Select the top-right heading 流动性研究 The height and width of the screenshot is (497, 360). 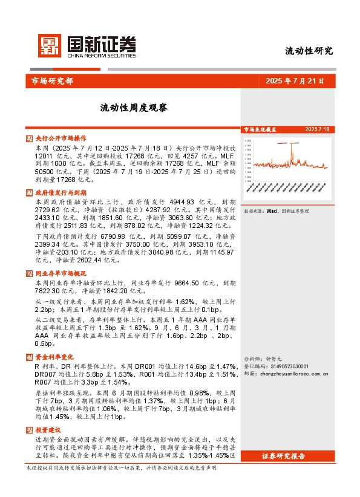pos(309,51)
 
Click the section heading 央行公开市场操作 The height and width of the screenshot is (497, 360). pos(61,138)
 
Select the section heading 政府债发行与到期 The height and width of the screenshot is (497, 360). pos(61,192)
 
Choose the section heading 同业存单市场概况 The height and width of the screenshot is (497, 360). pos(61,273)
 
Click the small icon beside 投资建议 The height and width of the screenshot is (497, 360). pos(30,429)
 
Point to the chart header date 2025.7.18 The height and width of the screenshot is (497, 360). pos(317,129)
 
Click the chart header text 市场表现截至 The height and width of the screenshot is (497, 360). pos(260,129)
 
